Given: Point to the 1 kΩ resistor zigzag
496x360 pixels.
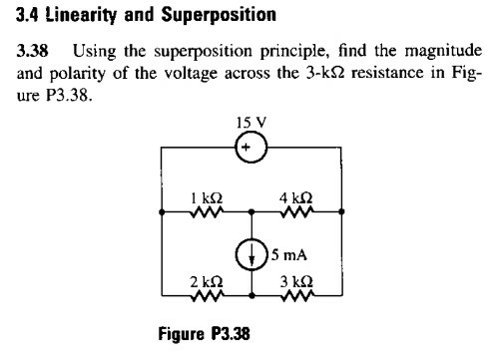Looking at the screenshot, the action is pyautogui.click(x=206, y=212).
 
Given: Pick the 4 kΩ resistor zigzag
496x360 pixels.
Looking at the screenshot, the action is pyautogui.click(x=297, y=212).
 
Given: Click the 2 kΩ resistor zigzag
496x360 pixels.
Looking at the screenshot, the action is pyautogui.click(x=206, y=296).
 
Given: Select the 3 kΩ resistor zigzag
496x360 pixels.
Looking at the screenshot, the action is pyautogui.click(x=297, y=296).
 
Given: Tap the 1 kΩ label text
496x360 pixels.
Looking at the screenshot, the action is pyautogui.click(x=206, y=196).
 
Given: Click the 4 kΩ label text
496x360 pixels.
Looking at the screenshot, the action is pyautogui.click(x=297, y=196).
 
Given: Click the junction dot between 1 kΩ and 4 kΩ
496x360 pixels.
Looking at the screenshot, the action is pyautogui.click(x=251, y=212).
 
